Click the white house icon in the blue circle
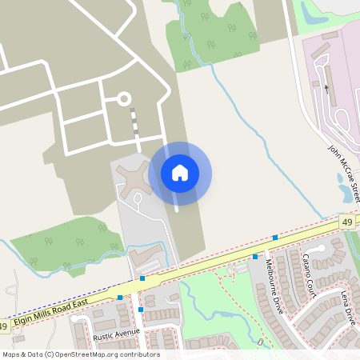[180, 173]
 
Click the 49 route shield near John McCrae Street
[346, 222]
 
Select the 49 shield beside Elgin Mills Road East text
[4, 327]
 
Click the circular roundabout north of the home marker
[124, 99]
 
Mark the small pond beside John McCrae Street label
[346, 192]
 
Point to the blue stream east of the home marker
[232, 120]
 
